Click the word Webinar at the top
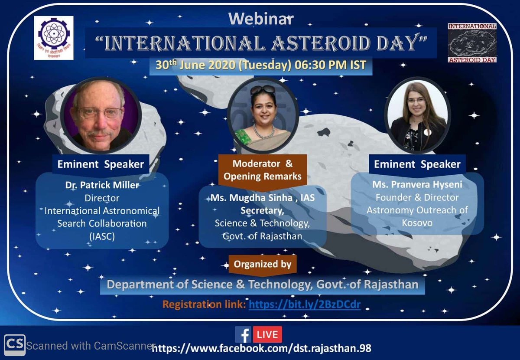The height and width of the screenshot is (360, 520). point(261,19)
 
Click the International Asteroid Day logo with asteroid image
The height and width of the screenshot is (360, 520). point(472,43)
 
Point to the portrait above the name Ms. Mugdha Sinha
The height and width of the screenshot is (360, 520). point(263,115)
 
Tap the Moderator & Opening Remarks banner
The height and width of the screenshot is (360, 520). point(262,170)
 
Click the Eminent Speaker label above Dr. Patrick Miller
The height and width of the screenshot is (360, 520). point(101,164)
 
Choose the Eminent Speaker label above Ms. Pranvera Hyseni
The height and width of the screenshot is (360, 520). point(417,164)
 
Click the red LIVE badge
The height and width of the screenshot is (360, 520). point(267,334)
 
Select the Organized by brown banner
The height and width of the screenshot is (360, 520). point(262,263)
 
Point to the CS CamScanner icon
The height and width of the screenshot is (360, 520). point(14,345)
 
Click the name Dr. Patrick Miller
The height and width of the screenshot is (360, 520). point(102,185)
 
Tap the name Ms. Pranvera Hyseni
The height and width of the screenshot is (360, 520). point(417,185)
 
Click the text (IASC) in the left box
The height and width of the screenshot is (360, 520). point(102,237)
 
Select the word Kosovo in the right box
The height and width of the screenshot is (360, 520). point(417,223)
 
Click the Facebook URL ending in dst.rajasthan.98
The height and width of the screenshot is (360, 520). point(262,348)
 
